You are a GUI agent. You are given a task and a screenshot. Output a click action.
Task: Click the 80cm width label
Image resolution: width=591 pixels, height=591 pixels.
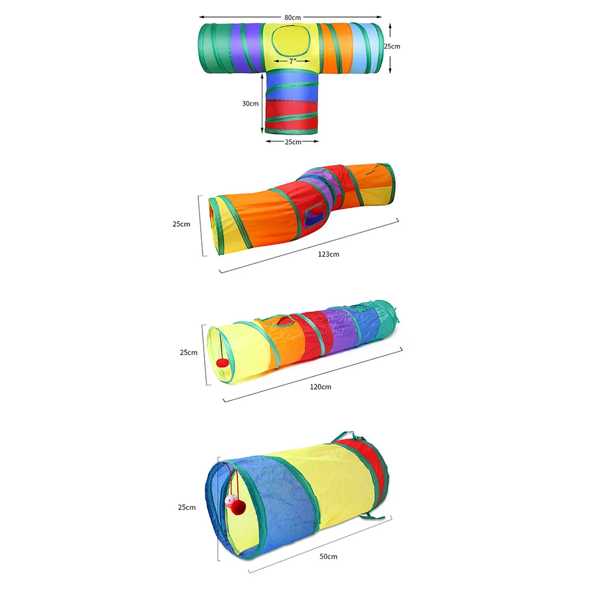292,17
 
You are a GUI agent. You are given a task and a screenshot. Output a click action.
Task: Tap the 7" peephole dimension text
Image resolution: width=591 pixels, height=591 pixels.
293,61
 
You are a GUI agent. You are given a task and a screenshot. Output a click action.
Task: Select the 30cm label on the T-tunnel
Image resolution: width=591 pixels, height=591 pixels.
250,103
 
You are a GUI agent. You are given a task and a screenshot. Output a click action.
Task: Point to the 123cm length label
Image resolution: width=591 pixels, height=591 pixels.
328,254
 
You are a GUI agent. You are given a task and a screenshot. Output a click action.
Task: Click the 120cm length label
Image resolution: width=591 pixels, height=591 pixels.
321,387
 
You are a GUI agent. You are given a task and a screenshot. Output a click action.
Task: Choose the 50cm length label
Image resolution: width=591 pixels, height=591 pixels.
328,556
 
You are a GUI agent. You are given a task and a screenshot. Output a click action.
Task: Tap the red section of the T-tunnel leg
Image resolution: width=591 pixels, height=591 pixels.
292,114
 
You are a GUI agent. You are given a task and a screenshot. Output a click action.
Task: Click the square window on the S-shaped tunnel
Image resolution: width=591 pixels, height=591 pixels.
314,216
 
